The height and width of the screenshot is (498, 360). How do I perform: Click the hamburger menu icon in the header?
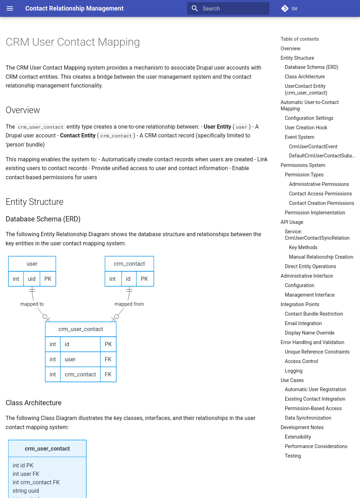(10, 8)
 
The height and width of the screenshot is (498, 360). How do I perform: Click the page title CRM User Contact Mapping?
(73, 42)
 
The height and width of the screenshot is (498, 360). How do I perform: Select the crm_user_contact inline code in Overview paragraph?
(41, 127)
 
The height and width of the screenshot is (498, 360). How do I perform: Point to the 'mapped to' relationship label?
(32, 304)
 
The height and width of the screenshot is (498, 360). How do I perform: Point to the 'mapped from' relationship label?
(129, 304)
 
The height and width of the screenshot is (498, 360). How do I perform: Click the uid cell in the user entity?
(32, 279)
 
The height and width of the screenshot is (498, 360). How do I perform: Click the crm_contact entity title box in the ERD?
(129, 264)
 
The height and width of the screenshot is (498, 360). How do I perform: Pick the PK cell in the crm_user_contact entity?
(108, 344)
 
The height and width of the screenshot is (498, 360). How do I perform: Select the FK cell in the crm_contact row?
(108, 374)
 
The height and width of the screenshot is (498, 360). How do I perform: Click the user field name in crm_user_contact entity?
(70, 359)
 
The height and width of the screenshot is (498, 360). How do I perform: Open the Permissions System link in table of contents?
(303, 165)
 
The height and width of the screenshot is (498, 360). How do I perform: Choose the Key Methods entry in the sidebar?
(303, 247)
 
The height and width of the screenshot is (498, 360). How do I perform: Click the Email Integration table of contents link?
(303, 323)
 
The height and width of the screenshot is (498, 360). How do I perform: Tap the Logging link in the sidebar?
(294, 371)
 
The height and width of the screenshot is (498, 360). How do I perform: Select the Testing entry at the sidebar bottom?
(293, 456)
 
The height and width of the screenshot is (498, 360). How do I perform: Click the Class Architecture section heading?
(34, 403)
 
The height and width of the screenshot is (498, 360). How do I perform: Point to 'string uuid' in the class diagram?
(26, 491)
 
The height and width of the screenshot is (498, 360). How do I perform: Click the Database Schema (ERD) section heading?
(43, 219)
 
